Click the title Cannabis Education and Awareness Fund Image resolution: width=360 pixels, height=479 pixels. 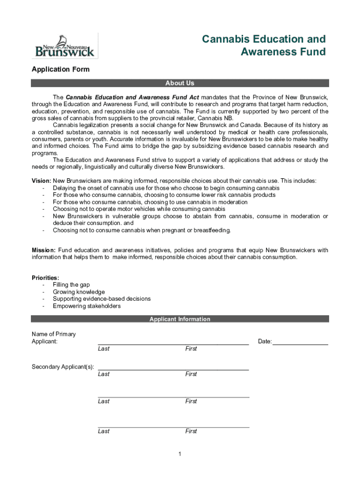tap(264, 45)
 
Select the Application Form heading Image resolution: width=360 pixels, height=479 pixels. tap(60, 69)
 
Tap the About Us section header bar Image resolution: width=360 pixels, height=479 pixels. tap(180, 83)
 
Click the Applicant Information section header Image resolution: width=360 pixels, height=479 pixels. tap(180, 319)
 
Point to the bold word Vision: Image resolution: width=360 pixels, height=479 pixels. tap(41, 181)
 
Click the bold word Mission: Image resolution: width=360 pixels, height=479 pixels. tap(43, 250)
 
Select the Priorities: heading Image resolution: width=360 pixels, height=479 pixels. tap(45, 277)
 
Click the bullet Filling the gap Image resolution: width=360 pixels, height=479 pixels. tap(71, 284)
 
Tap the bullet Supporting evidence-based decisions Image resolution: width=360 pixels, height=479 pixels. tap(101, 299)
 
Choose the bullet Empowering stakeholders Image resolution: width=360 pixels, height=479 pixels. tap(86, 306)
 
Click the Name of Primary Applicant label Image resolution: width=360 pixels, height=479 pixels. tap(53, 338)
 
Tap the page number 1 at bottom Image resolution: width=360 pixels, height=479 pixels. tap(180, 454)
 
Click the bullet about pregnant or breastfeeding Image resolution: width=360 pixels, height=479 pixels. tap(142, 230)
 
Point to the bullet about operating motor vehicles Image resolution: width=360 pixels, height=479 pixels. tap(139, 209)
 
